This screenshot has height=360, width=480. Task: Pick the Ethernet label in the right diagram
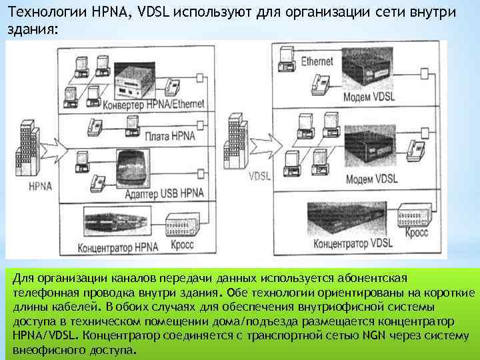(x=317, y=61)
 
